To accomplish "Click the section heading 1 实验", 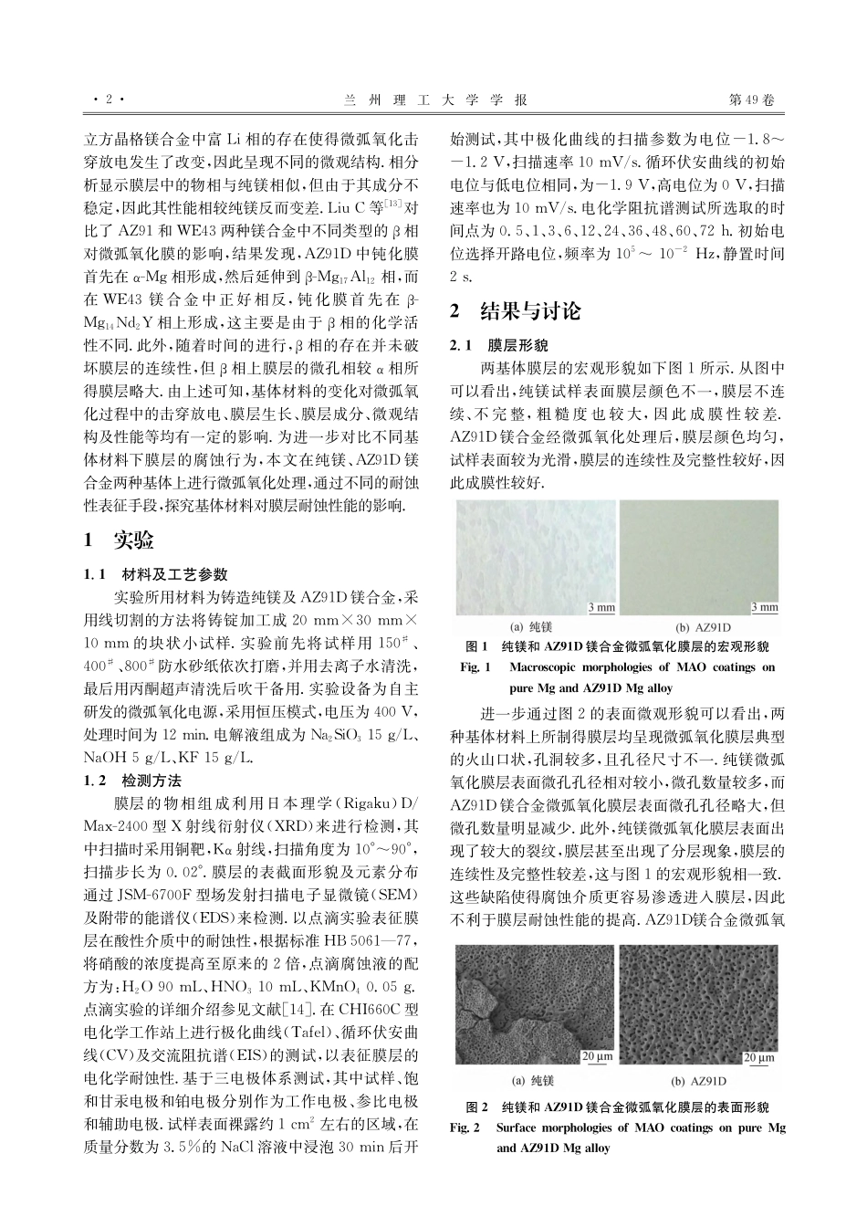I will (119, 540).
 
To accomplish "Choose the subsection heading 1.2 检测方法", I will (133, 781).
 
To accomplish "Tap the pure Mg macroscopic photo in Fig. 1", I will (537, 557).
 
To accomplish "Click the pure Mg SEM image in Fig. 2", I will (537, 1002).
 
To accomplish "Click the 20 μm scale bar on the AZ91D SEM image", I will (759, 1057).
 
